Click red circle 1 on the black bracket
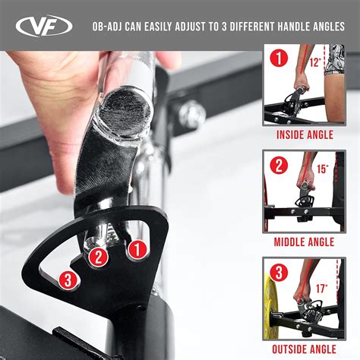click(137, 249)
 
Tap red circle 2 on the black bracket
click(99, 257)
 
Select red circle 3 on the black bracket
click(68, 281)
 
